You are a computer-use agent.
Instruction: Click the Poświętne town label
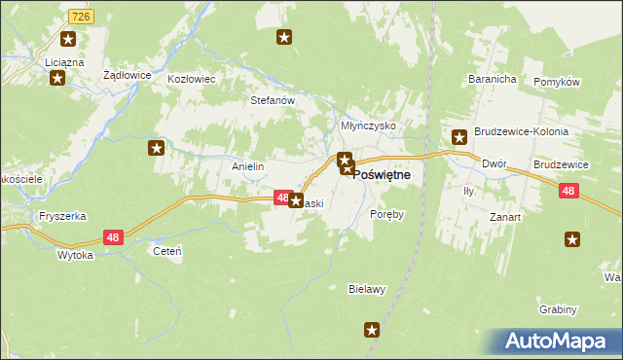pos(381,174)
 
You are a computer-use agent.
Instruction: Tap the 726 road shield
pos(82,18)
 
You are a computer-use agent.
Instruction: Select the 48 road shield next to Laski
pos(280,198)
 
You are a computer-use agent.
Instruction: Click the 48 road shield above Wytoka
pos(114,237)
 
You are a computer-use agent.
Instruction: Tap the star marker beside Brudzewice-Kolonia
pos(458,137)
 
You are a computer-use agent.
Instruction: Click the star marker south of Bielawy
pos(371,331)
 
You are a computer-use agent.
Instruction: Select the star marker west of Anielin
pos(156,148)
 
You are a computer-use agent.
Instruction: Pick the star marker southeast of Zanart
pos(572,238)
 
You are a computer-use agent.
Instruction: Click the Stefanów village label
pos(273,99)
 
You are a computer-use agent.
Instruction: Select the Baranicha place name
pos(490,78)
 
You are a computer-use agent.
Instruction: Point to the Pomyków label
pos(558,82)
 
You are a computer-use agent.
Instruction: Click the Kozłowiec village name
pos(191,79)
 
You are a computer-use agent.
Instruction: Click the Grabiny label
pos(558,309)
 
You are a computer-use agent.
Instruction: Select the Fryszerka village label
pos(56,215)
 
